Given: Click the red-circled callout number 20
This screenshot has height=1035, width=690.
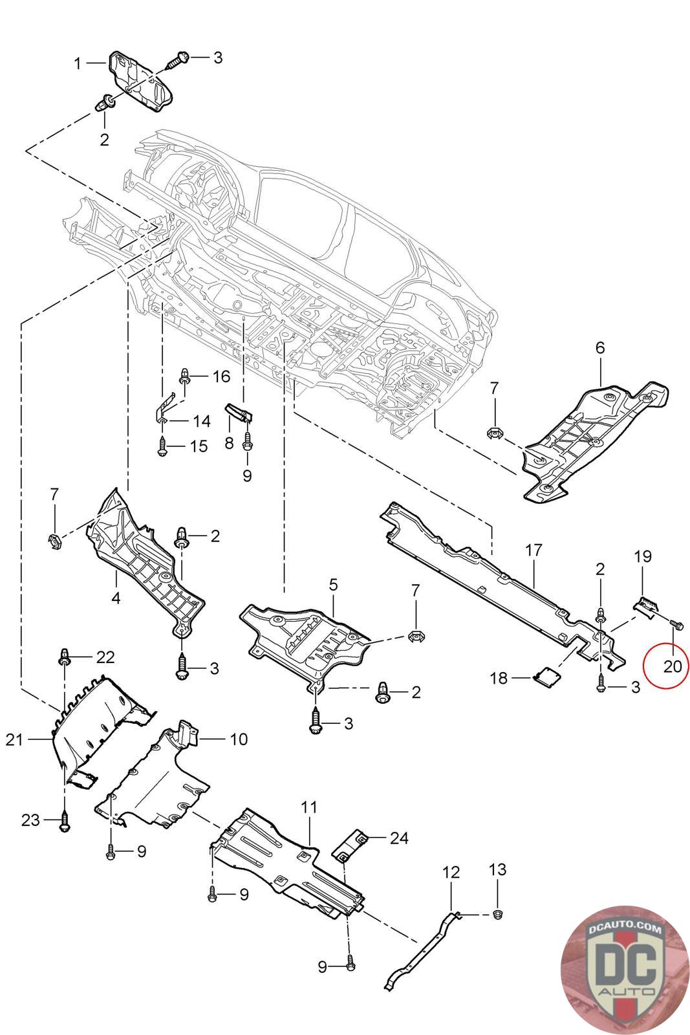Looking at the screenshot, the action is pyautogui.click(x=672, y=666).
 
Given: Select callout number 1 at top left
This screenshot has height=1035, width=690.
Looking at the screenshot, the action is pyautogui.click(x=78, y=63).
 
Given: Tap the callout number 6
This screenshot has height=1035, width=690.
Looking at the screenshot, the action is pyautogui.click(x=599, y=347).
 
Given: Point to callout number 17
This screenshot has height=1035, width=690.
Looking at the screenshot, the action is pyautogui.click(x=533, y=550).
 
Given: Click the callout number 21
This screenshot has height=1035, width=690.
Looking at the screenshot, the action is pyautogui.click(x=14, y=740).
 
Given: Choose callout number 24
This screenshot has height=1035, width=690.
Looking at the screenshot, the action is pyautogui.click(x=399, y=838).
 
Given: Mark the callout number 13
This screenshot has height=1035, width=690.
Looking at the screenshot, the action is pyautogui.click(x=497, y=869).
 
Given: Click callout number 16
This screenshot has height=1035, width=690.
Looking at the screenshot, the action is pyautogui.click(x=221, y=376).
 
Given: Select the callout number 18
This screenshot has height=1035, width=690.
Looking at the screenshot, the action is pyautogui.click(x=499, y=678).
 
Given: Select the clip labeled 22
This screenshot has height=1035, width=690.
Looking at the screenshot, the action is pyautogui.click(x=64, y=657).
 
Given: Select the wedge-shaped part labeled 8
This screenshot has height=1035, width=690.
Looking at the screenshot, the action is pyautogui.click(x=239, y=413).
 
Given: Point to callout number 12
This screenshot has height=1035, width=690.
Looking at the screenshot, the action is pyautogui.click(x=451, y=873).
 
